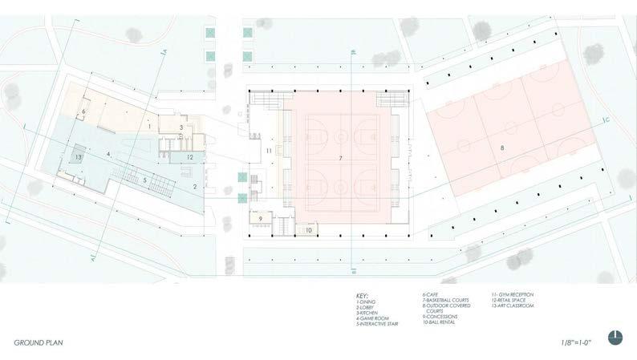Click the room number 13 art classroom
pyautogui.click(x=78, y=157)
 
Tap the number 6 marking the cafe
pyautogui.click(x=83, y=111)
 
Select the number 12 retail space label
pyautogui.click(x=189, y=157)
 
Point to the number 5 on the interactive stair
pyautogui.click(x=145, y=180)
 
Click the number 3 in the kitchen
pyautogui.click(x=181, y=127)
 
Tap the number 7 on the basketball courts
pyautogui.click(x=341, y=160)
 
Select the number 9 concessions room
pyautogui.click(x=260, y=218)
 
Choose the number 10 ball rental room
pyautogui.click(x=309, y=230)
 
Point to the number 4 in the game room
pyautogui.click(x=108, y=153)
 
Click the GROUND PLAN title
pyautogui.click(x=39, y=342)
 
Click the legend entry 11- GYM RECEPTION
pyautogui.click(x=513, y=293)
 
